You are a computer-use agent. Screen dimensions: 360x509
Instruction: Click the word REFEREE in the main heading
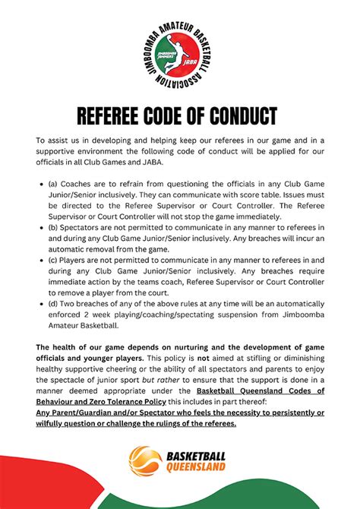pos(117,116)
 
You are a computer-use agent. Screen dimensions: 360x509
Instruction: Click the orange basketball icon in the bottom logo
pos(145,460)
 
